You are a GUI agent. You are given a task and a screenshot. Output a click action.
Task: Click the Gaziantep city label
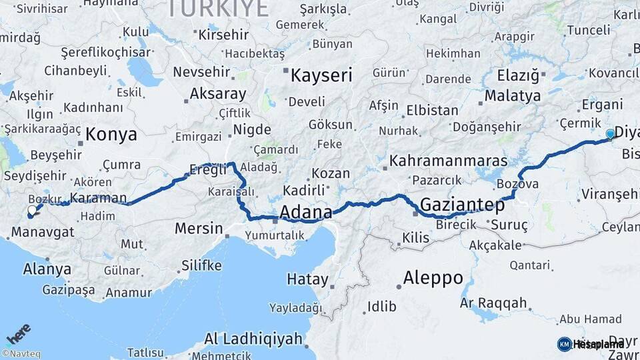point(462,205)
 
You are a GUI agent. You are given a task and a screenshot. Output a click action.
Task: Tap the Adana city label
point(306,213)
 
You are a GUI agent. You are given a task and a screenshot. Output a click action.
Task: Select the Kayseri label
point(321,75)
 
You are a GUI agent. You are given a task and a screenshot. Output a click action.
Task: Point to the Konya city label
point(111,134)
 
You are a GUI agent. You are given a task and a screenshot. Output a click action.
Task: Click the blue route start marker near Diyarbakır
point(610,134)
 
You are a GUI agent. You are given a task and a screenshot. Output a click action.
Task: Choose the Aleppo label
point(433,278)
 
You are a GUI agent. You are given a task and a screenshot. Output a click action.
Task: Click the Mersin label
point(199,228)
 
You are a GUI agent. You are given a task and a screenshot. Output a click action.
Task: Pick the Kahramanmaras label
point(448,161)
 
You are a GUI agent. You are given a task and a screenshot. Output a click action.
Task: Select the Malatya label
point(512,96)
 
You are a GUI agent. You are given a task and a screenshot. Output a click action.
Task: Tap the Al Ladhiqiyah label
point(253,339)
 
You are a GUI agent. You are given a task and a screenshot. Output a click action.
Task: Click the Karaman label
point(98,198)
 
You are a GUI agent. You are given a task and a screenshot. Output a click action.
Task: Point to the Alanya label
point(47,269)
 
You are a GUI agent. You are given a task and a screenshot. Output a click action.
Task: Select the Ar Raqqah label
point(493,303)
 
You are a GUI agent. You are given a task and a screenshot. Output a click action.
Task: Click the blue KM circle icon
point(564,344)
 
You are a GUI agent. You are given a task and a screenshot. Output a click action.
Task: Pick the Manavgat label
point(42,232)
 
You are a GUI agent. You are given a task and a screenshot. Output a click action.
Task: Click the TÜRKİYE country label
point(217,8)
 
